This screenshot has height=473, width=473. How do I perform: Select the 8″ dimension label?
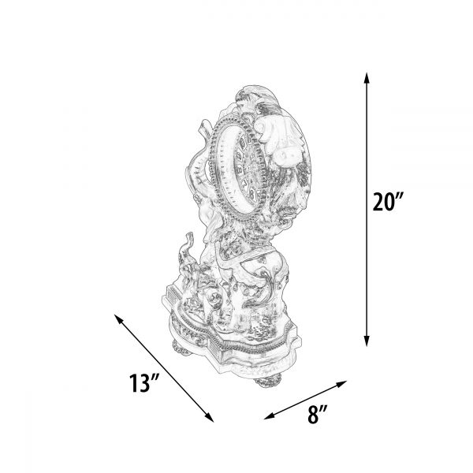pos(318,414)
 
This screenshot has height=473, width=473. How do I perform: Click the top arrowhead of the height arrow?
pos(367,78)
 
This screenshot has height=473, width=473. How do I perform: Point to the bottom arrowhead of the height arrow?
pos(367,341)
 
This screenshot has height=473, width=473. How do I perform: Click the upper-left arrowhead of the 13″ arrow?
pos(118,318)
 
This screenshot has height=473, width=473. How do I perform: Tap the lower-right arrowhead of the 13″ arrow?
pos(210,418)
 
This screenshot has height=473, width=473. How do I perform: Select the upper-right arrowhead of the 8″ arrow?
pos(341,384)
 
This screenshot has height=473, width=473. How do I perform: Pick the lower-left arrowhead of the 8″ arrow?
pos(269,416)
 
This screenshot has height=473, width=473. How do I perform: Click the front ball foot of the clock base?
pos(269,380)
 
